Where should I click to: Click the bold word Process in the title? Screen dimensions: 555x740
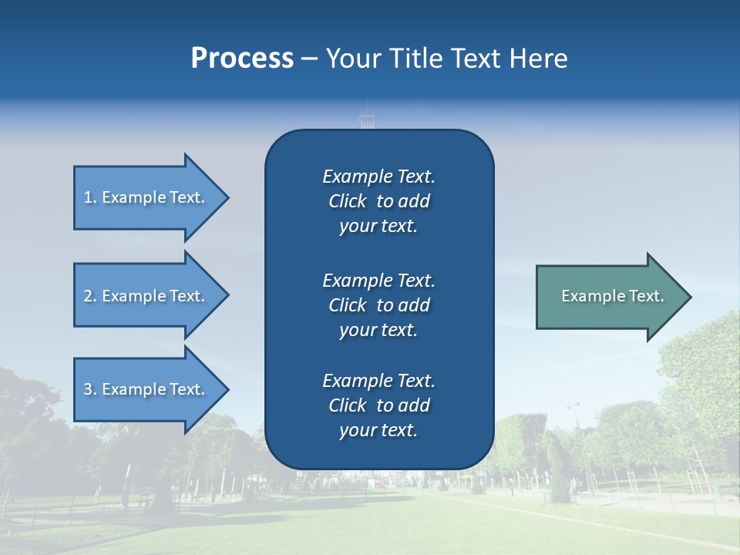242,59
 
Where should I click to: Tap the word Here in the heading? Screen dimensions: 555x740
537,59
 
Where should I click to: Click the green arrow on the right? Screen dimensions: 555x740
609,296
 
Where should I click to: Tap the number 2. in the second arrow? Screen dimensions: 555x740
90,296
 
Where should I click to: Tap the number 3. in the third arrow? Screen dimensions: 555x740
90,389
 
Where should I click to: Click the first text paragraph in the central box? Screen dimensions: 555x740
378,201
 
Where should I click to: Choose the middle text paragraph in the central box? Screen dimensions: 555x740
378,304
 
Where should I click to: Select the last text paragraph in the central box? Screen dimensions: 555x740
378,405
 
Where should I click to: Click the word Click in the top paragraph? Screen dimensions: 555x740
348,201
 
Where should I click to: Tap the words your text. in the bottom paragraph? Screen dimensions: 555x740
378,430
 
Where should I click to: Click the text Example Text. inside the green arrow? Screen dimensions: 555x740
612,296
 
